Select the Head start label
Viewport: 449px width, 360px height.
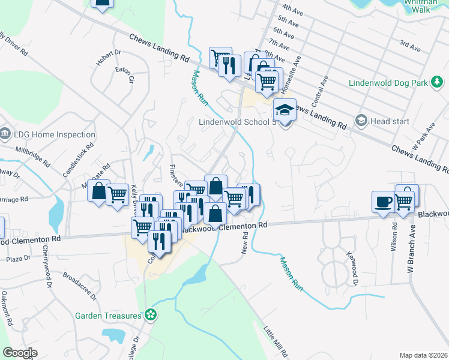point(390,121)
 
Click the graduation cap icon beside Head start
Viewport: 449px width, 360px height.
point(361,121)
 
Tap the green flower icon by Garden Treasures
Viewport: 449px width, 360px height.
point(151,314)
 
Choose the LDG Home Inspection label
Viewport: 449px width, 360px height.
point(55,135)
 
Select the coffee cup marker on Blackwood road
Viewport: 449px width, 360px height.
point(383,202)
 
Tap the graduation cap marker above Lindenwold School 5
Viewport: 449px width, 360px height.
point(285,110)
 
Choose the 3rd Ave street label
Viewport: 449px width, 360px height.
point(410,44)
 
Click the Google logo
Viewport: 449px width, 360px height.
point(20,353)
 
